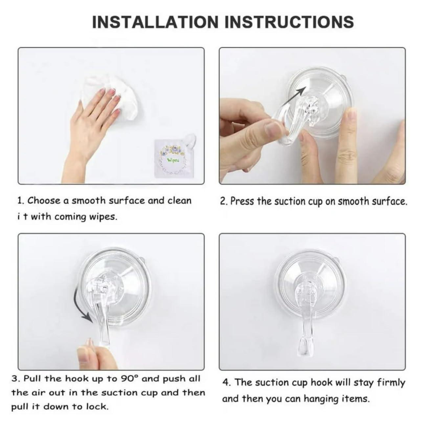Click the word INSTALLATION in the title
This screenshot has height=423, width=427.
(155, 22)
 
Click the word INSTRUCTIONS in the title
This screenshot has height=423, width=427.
(289, 22)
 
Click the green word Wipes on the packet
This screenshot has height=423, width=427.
(173, 160)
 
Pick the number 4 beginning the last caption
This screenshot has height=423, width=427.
(226, 383)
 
